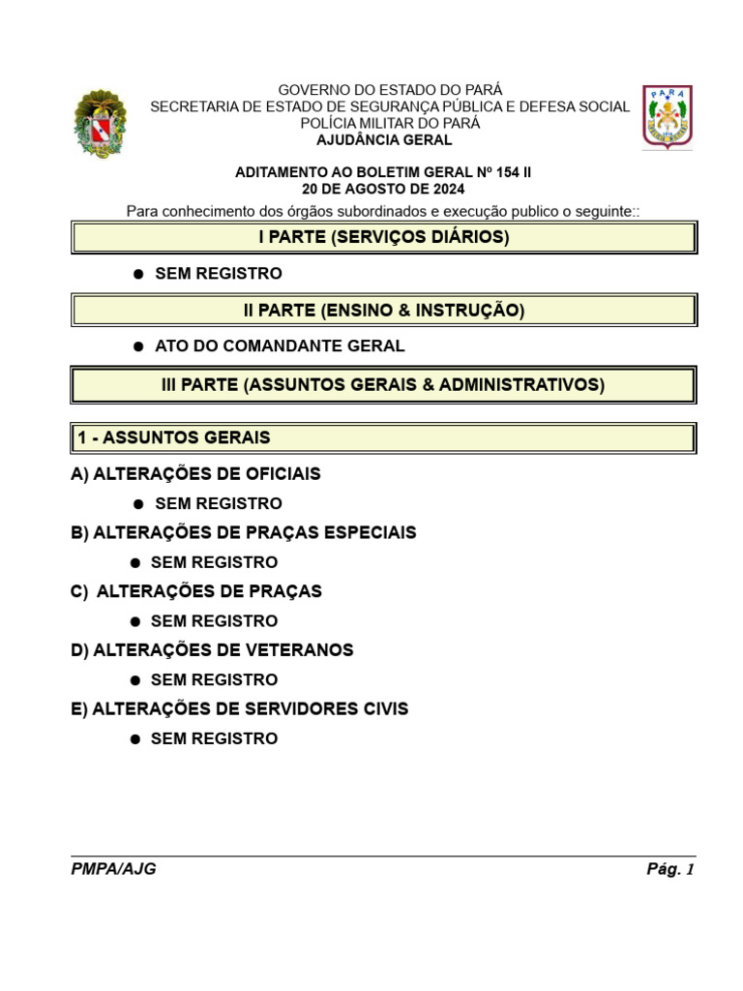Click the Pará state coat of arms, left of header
click(x=100, y=124)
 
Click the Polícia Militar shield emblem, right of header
click(x=669, y=117)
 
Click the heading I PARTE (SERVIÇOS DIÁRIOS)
click(x=384, y=237)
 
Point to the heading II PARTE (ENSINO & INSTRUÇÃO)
click(x=384, y=311)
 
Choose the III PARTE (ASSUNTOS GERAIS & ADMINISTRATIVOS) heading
click(x=383, y=385)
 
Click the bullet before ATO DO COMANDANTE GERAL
click(x=138, y=346)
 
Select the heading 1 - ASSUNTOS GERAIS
click(x=174, y=438)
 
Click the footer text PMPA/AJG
click(x=113, y=869)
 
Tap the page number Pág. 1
click(x=670, y=869)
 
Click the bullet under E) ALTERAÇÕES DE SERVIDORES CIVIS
click(x=136, y=739)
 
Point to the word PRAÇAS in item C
click(x=285, y=591)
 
